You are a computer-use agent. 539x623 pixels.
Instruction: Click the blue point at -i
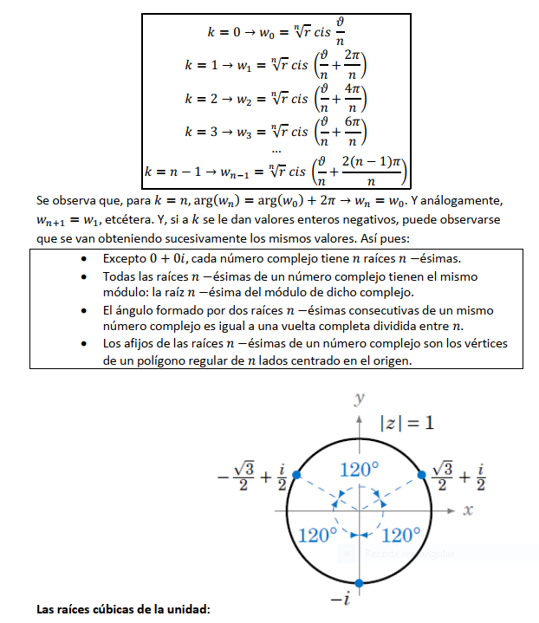point(359,581)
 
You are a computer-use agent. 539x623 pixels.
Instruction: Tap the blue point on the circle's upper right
point(422,474)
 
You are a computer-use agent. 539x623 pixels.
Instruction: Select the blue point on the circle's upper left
point(296,474)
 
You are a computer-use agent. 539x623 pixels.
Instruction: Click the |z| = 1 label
point(407,424)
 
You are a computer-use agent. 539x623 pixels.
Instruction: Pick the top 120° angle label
point(359,470)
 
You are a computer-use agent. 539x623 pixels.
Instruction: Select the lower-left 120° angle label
point(317,535)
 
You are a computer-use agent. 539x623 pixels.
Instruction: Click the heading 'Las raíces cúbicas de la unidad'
point(123,610)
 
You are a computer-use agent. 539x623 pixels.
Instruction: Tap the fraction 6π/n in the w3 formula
point(352,132)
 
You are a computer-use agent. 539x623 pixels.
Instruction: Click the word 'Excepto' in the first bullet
point(126,259)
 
